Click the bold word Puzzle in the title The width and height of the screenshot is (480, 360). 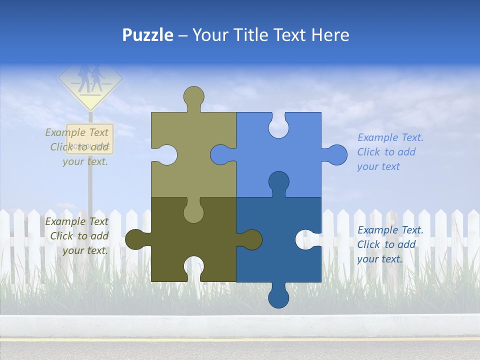pos(148,35)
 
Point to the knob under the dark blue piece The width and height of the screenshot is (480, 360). pos(278,298)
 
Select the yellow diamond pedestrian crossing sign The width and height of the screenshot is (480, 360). pos(90,82)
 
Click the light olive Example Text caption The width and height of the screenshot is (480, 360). pos(78,147)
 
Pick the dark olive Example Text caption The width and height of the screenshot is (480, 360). pos(78,236)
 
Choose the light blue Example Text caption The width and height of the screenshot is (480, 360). pos(390,152)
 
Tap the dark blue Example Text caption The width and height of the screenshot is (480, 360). pos(390,244)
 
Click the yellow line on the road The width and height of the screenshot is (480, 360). pos(240,339)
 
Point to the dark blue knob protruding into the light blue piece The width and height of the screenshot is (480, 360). pos(278,182)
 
